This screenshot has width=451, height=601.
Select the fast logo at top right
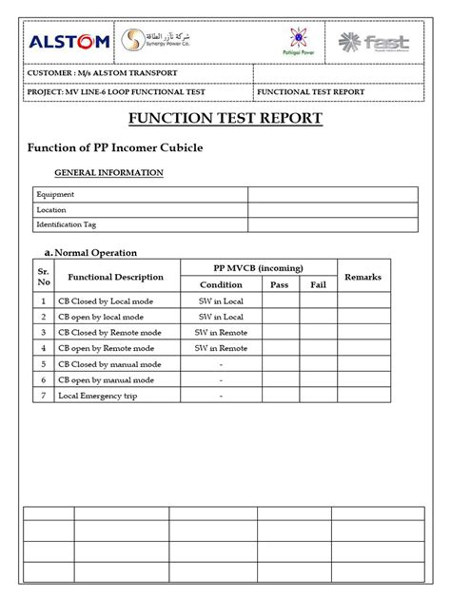376,42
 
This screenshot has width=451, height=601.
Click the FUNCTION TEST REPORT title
225,119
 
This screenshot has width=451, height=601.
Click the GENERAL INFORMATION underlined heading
108,172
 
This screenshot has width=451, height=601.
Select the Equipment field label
55,195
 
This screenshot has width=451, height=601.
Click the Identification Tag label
66,224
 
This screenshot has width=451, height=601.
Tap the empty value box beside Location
333,209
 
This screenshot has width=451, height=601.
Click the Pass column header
280,284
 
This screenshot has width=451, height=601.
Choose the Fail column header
318,284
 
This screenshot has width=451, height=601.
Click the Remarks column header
363,277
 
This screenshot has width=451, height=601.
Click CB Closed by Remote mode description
109,332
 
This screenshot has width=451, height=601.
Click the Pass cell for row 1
280,300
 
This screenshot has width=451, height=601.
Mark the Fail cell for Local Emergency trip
318,396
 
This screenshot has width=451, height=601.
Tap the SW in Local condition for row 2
221,317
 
